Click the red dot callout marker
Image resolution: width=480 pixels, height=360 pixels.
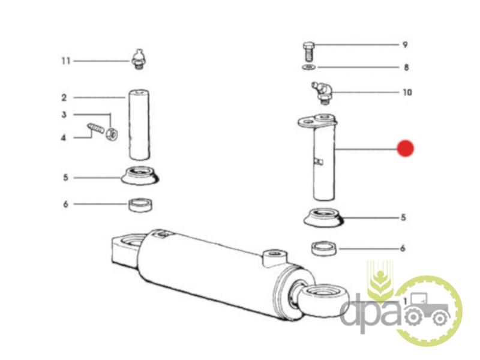pos(406,148)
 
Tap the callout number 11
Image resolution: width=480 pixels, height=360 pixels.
pos(66,61)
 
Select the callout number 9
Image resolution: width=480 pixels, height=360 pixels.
pos(405,44)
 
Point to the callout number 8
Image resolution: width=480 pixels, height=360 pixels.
pos(406,67)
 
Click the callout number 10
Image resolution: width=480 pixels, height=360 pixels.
pos(407,92)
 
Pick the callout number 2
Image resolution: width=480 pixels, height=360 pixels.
pos(64,98)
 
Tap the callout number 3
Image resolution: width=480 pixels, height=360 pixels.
pos(64,115)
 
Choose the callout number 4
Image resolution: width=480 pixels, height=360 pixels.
pos(64,138)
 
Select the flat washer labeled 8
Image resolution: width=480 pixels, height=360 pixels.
pos(309,67)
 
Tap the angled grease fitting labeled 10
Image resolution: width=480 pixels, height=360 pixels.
pos(322,92)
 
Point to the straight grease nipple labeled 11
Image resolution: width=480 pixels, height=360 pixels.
pos(139,59)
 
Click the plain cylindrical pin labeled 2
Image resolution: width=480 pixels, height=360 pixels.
pos(139,125)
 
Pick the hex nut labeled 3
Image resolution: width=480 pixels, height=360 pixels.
pos(112,134)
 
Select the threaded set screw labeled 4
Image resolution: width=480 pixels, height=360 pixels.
pos(97,128)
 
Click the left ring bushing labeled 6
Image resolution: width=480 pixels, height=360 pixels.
pos(140,205)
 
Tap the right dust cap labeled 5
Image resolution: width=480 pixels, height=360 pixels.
pos(323,217)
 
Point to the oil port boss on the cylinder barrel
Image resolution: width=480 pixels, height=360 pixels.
pos(275,257)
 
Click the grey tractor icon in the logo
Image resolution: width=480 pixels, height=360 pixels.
pos(428,310)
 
